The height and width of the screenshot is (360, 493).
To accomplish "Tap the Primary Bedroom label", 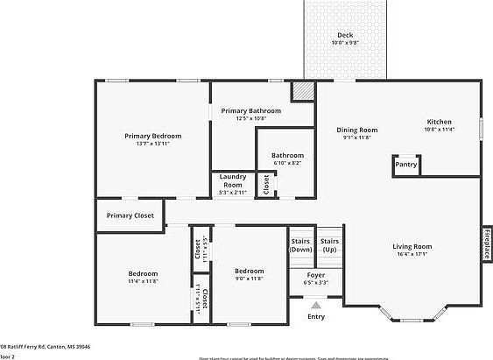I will (x=152, y=136).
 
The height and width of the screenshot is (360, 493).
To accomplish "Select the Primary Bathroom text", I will (x=250, y=111).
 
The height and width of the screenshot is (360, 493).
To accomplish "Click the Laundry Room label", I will (x=233, y=180).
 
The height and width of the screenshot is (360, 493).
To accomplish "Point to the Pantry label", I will (x=405, y=164).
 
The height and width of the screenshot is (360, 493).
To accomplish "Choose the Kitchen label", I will (x=439, y=122).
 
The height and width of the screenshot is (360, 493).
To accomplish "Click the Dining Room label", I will (x=356, y=131).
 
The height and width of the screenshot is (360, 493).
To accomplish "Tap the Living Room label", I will (x=412, y=247).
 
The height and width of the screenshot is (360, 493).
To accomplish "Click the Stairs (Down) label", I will (x=301, y=244).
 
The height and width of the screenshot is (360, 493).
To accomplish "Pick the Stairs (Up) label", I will (x=330, y=244).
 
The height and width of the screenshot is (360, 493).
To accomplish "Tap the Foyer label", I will (x=315, y=275).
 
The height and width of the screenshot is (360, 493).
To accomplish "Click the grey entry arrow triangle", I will (x=316, y=305).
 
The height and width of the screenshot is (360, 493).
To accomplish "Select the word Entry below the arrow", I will (x=315, y=317).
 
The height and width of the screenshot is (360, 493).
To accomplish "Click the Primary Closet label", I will (x=130, y=215).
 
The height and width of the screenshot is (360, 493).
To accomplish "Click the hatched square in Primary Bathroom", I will (x=302, y=91).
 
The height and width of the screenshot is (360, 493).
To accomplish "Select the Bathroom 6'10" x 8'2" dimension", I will (x=286, y=163).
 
